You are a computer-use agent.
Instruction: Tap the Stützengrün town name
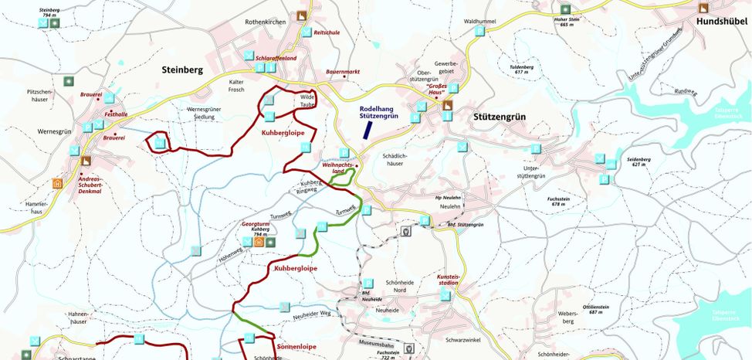pyautogui.click(x=499, y=117)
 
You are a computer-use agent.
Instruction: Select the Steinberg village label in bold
pyautogui.click(x=182, y=70)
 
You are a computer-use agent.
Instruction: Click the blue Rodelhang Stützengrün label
pyautogui.click(x=378, y=112)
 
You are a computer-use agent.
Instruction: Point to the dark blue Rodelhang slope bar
pyautogui.click(x=368, y=130)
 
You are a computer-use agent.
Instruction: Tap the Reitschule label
pyautogui.click(x=327, y=33)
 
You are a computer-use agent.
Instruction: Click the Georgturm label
pyautogui.click(x=254, y=223)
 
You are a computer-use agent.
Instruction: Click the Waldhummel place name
pyautogui.click(x=480, y=22)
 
